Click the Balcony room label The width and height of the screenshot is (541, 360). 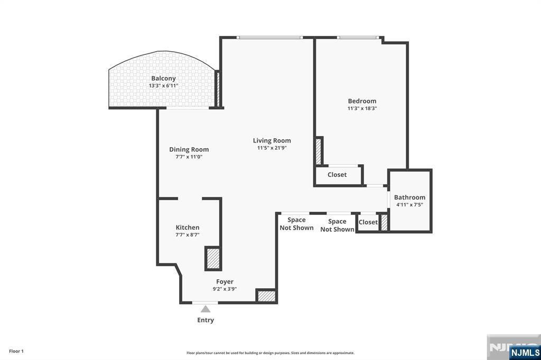coord(163,79)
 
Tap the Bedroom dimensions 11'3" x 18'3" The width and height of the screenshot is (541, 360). coord(362,108)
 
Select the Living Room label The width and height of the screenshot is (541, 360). coord(272,141)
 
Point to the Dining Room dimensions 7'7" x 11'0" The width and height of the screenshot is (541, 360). coord(189,157)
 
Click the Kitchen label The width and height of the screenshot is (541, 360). coord(188,228)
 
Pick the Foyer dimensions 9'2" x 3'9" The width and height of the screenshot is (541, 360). coord(225,289)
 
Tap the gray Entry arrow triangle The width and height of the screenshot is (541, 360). coord(206,309)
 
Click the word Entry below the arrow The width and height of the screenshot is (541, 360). coord(206,320)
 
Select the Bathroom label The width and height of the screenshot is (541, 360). coord(409,197)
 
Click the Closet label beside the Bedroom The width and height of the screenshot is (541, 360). coord(337,175)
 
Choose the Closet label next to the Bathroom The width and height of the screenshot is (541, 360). coord(368,222)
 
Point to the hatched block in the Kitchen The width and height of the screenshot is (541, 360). coord(213,259)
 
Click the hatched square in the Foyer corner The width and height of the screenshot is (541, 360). coord(267,296)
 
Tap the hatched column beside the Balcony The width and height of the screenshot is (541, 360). coord(218,89)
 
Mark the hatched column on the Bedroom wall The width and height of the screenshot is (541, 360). coord(319,151)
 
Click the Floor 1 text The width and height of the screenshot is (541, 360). coord(16,352)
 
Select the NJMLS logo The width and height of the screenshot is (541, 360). coord(525,353)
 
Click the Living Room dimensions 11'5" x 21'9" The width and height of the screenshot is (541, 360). coord(272,148)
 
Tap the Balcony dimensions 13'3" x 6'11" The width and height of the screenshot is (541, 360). coord(163,86)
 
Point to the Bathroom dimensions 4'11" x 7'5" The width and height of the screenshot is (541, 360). coord(409,205)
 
